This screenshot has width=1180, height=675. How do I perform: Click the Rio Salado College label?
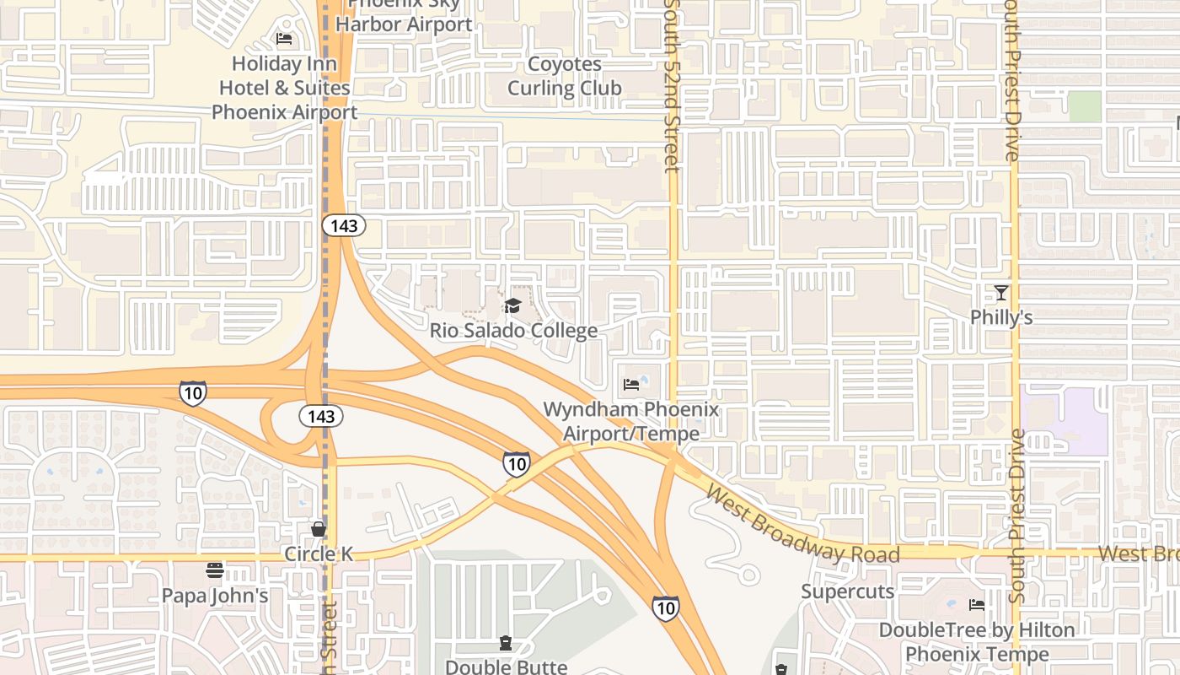[x=513, y=330]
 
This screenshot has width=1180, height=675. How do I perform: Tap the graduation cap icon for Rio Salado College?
[x=512, y=305]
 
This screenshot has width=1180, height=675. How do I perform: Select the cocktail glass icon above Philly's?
[x=1000, y=293]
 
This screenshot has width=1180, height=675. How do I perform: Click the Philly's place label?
[x=1000, y=318]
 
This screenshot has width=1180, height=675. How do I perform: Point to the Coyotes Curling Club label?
[x=564, y=76]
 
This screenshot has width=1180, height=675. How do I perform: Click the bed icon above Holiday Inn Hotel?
[x=284, y=39]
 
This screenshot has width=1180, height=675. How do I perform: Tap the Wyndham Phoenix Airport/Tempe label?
[x=631, y=422]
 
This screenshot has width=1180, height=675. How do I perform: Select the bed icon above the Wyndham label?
[x=631, y=385]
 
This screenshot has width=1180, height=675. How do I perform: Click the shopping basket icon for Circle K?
[x=319, y=529]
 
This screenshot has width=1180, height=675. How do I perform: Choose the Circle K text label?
[x=319, y=554]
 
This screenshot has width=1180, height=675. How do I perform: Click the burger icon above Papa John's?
[x=215, y=570]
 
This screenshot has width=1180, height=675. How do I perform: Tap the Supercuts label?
[x=847, y=591]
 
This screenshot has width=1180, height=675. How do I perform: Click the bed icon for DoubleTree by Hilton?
[x=977, y=605]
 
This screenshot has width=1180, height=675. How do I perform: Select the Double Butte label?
[x=506, y=667]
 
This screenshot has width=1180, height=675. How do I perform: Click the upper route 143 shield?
[x=344, y=225]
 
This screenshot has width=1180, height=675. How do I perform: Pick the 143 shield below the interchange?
[x=321, y=416]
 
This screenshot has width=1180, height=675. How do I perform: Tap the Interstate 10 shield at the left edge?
[x=193, y=392]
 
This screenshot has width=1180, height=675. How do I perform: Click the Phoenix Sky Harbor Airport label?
[x=404, y=15]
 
